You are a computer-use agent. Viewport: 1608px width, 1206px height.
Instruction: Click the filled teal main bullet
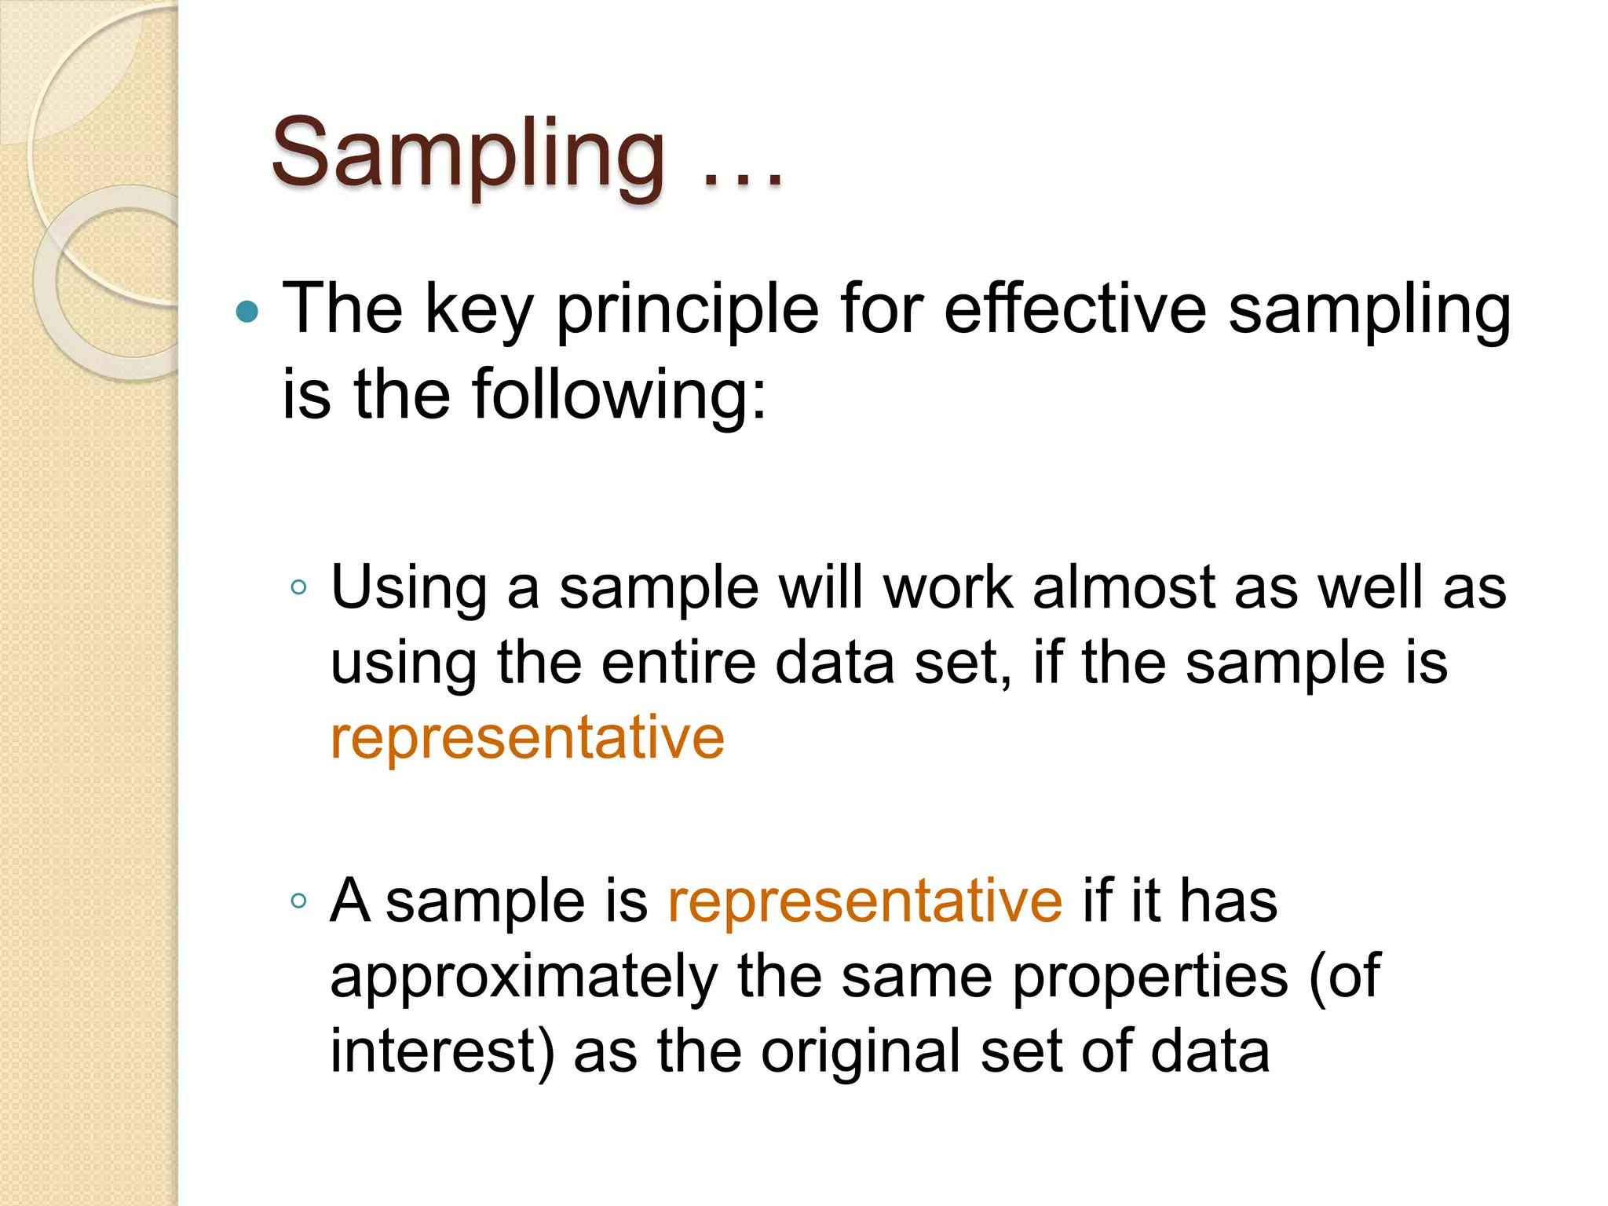pos(247,312)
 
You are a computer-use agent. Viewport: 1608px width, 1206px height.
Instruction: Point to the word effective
pos(1074,309)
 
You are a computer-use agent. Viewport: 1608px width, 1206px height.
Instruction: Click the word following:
pos(619,395)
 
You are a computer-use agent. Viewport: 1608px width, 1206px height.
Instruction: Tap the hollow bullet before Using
pos(298,587)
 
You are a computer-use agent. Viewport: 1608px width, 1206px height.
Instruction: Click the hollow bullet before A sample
pos(298,901)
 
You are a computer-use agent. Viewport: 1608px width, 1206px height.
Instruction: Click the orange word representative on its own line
pos(527,739)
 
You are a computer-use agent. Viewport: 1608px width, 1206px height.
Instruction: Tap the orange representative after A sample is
pos(864,901)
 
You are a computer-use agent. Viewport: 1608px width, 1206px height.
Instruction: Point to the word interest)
pos(442,1052)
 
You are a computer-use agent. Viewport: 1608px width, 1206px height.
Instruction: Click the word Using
pos(409,589)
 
